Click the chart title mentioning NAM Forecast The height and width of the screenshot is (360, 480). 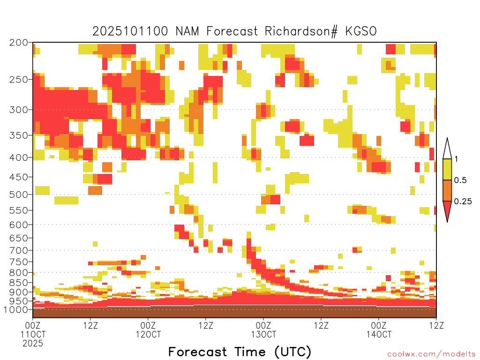coord(234,31)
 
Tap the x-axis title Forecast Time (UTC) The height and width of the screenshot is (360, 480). coord(240,352)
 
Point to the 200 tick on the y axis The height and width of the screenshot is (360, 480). coord(19,43)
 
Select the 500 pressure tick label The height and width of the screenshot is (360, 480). coord(19,195)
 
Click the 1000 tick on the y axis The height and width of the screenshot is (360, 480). coord(16,309)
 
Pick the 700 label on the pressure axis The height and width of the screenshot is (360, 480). coord(19,250)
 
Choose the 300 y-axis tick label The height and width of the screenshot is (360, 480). coord(19,110)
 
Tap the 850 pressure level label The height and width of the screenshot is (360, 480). coord(19,283)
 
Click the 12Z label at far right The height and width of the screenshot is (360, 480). coord(436,325)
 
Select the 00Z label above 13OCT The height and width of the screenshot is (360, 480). coord(263,325)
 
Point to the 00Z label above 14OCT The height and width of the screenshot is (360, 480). coord(379,325)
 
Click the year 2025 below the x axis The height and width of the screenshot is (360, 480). coord(33,344)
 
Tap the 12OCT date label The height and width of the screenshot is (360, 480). coord(148,334)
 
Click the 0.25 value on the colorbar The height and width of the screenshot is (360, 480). coord(463,201)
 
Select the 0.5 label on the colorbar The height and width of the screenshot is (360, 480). coord(460,180)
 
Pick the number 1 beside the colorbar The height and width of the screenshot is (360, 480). coord(456,159)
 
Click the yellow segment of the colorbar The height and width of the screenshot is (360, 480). coord(447,169)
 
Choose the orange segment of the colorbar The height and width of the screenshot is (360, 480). coord(447,190)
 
